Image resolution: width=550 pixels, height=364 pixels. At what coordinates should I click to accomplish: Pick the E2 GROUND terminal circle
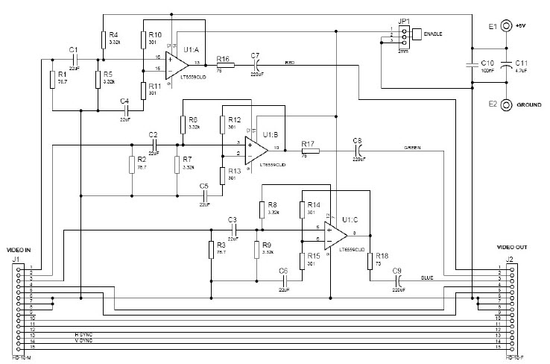tap(507, 105)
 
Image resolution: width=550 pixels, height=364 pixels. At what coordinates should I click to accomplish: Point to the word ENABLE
tap(434, 34)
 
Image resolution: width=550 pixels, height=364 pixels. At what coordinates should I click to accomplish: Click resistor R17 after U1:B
tap(309, 151)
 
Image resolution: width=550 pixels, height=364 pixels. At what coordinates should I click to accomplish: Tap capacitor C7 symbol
tap(256, 66)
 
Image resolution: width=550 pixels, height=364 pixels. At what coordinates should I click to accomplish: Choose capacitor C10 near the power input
tap(472, 64)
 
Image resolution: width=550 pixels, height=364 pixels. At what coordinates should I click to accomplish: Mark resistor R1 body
tap(51, 79)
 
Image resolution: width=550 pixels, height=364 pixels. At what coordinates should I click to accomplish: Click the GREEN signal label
tap(414, 148)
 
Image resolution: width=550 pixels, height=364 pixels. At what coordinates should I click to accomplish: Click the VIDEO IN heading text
tap(19, 249)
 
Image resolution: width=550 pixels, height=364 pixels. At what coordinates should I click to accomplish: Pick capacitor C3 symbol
tap(233, 232)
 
